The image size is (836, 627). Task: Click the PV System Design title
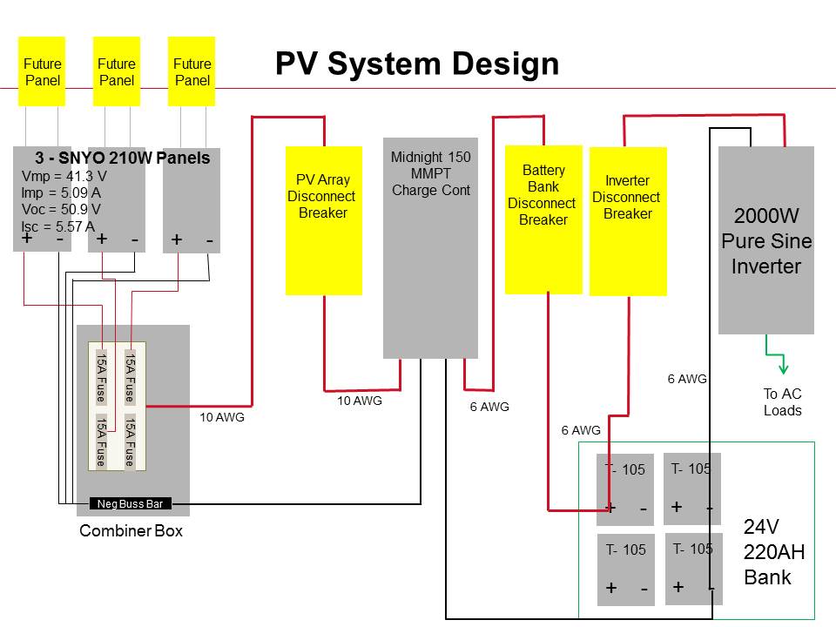[x=417, y=64]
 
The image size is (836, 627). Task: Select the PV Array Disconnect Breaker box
[x=324, y=220]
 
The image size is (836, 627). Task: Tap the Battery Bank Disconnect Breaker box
[x=543, y=219]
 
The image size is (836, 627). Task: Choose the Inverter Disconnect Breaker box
[x=628, y=221]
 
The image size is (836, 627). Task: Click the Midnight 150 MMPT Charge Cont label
[x=431, y=174]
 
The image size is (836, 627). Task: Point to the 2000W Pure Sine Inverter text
[x=766, y=241]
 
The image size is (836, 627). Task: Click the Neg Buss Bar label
[x=130, y=504]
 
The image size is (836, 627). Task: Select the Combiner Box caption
[x=131, y=530]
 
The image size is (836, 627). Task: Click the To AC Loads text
[x=782, y=402]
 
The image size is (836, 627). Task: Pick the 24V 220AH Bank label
[x=773, y=552]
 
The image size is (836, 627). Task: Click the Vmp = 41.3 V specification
[x=64, y=176]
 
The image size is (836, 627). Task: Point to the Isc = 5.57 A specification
[x=58, y=226]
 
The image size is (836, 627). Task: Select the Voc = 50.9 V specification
[x=61, y=209]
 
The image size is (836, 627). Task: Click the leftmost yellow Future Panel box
[x=42, y=71]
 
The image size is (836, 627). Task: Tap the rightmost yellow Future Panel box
[x=192, y=71]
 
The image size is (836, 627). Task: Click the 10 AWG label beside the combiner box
[x=222, y=417]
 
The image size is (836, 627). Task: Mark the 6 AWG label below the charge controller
[x=489, y=407]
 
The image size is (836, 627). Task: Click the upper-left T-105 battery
[x=625, y=489]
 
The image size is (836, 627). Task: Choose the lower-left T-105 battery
[x=626, y=570]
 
